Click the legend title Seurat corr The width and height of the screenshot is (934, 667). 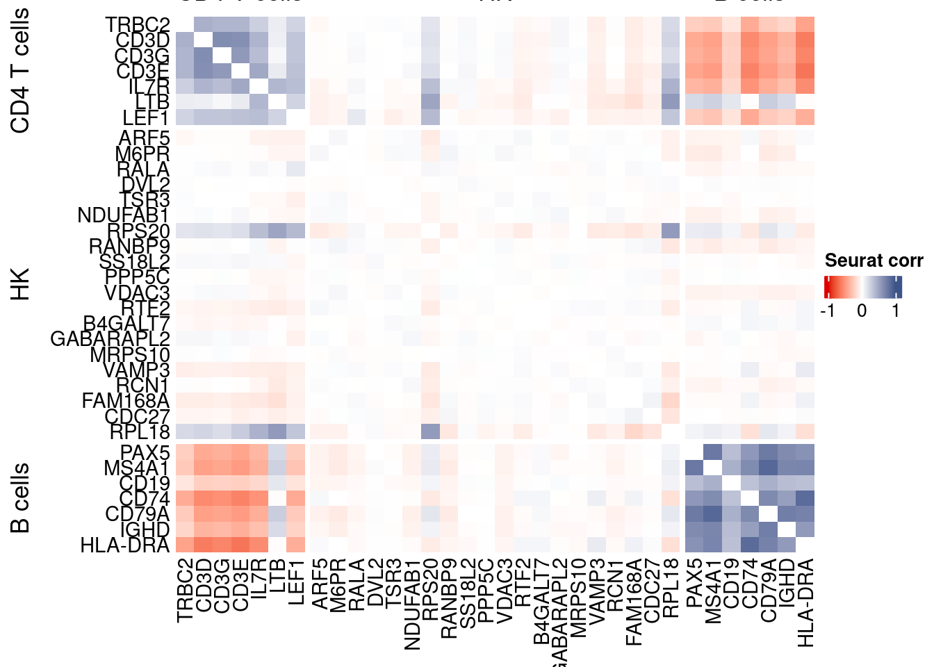click(x=874, y=261)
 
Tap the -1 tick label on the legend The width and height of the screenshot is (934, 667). click(x=827, y=311)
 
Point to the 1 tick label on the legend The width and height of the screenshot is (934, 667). click(x=896, y=311)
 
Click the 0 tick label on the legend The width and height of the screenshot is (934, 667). click(x=862, y=311)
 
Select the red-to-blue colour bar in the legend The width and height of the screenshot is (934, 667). click(x=862, y=287)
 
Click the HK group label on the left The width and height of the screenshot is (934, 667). click(x=21, y=283)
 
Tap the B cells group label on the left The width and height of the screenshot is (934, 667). click(x=21, y=498)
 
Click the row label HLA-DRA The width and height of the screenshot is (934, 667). click(x=125, y=545)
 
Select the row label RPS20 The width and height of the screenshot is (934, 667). click(x=138, y=231)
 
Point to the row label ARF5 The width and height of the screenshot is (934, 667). click(x=145, y=138)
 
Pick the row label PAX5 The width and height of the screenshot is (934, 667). click(x=145, y=453)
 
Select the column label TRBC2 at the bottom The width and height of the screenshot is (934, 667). click(x=184, y=591)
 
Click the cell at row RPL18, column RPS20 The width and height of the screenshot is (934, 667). click(x=430, y=431)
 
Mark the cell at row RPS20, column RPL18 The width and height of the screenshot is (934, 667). click(x=671, y=231)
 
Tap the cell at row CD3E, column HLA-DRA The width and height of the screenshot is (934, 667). click(x=805, y=71)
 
